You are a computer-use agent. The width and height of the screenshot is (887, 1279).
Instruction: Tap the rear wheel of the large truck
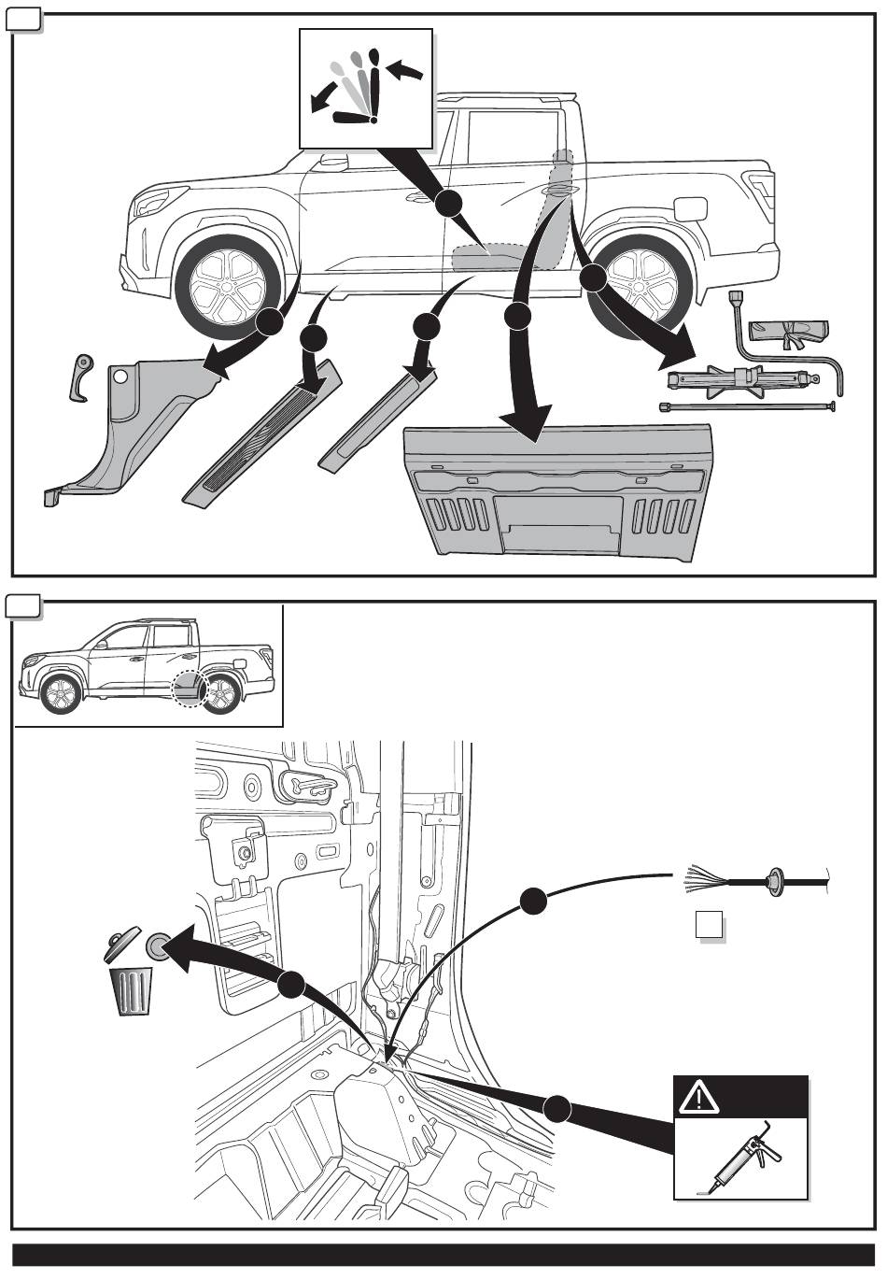click(642, 285)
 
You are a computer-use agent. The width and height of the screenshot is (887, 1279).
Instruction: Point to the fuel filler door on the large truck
click(691, 207)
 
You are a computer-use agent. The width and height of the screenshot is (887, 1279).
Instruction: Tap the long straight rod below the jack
click(747, 406)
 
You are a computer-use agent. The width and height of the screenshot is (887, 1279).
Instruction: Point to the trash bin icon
click(132, 990)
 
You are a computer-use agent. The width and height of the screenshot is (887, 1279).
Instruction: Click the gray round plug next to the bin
click(158, 945)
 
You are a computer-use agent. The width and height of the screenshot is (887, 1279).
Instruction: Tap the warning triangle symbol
click(695, 1099)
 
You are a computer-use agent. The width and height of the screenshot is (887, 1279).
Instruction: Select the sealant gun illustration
click(742, 1158)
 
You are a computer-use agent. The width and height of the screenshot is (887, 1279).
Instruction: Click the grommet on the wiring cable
click(774, 879)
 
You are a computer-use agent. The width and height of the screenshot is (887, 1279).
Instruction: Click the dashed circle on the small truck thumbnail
click(190, 688)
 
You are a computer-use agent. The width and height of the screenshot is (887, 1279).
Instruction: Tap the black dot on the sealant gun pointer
click(557, 1109)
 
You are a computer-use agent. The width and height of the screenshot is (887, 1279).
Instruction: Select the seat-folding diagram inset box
click(366, 87)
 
